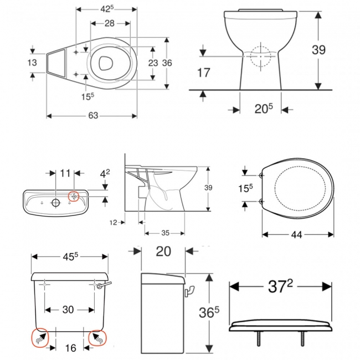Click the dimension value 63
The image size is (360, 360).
click(92, 116)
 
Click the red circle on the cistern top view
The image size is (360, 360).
click(74, 196)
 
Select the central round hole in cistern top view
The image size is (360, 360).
click(55, 202)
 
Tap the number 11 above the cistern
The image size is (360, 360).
click(65, 173)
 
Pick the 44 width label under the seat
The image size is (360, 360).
click(297, 235)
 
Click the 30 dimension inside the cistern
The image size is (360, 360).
click(68, 310)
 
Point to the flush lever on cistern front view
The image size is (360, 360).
click(104, 285)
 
